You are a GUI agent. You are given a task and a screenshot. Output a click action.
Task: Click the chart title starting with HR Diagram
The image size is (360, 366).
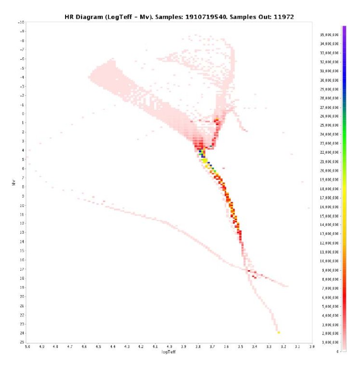click(179, 16)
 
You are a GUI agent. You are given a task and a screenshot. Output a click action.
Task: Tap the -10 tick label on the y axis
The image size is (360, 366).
click(21, 23)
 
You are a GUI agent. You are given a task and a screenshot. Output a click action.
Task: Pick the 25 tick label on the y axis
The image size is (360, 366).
click(22, 342)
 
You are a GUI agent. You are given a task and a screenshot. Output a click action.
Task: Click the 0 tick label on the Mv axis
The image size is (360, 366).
click(23, 114)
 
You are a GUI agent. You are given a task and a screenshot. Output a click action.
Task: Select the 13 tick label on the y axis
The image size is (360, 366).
click(22, 233)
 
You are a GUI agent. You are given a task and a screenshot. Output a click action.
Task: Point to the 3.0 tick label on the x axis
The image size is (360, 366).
click(311, 347)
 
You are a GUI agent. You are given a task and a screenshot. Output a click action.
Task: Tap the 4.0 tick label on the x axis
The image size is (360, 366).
click(170, 347)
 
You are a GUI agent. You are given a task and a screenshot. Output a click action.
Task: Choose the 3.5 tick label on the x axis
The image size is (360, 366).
click(240, 347)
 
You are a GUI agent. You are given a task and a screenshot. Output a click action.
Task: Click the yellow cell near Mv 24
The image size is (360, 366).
click(279, 332)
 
